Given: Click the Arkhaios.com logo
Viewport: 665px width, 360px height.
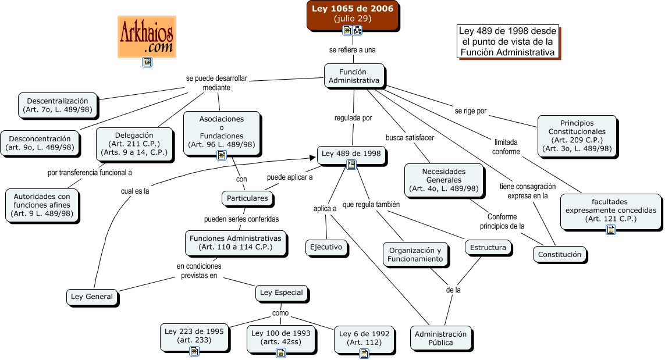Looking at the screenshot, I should pos(147,36).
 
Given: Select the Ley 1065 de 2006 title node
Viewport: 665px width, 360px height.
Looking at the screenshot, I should pos(353,13).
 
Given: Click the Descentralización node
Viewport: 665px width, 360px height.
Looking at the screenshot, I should pos(57,105).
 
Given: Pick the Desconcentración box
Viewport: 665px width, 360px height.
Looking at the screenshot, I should pos(40,142).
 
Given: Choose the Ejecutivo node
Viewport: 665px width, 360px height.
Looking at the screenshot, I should pos(327,248).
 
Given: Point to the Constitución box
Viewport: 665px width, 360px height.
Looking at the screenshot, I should pos(559,254).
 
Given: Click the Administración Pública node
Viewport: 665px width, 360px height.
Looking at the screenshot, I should pos(440,338).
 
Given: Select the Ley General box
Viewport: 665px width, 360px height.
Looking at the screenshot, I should pos(92,297).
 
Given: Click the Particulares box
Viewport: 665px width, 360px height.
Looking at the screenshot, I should pos(247,198).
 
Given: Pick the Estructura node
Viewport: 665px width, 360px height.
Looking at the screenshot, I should pos(488,248).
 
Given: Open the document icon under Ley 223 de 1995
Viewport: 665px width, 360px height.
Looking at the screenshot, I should pos(194,351).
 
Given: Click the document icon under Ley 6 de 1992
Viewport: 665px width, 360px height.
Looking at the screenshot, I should pos(364,352).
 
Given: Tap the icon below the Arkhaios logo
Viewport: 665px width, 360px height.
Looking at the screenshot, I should pos(147,62).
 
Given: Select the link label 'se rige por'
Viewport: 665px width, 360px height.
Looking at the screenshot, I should pos(470,111).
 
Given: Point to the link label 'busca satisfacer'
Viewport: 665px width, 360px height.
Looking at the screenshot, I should pos(410,137).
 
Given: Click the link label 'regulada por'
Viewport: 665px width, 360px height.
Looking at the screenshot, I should pos(353,118).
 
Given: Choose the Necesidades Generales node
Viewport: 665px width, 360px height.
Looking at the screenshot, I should pos(444,180).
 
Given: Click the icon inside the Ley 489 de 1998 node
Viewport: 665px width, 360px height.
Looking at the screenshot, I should pos(351,165).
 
